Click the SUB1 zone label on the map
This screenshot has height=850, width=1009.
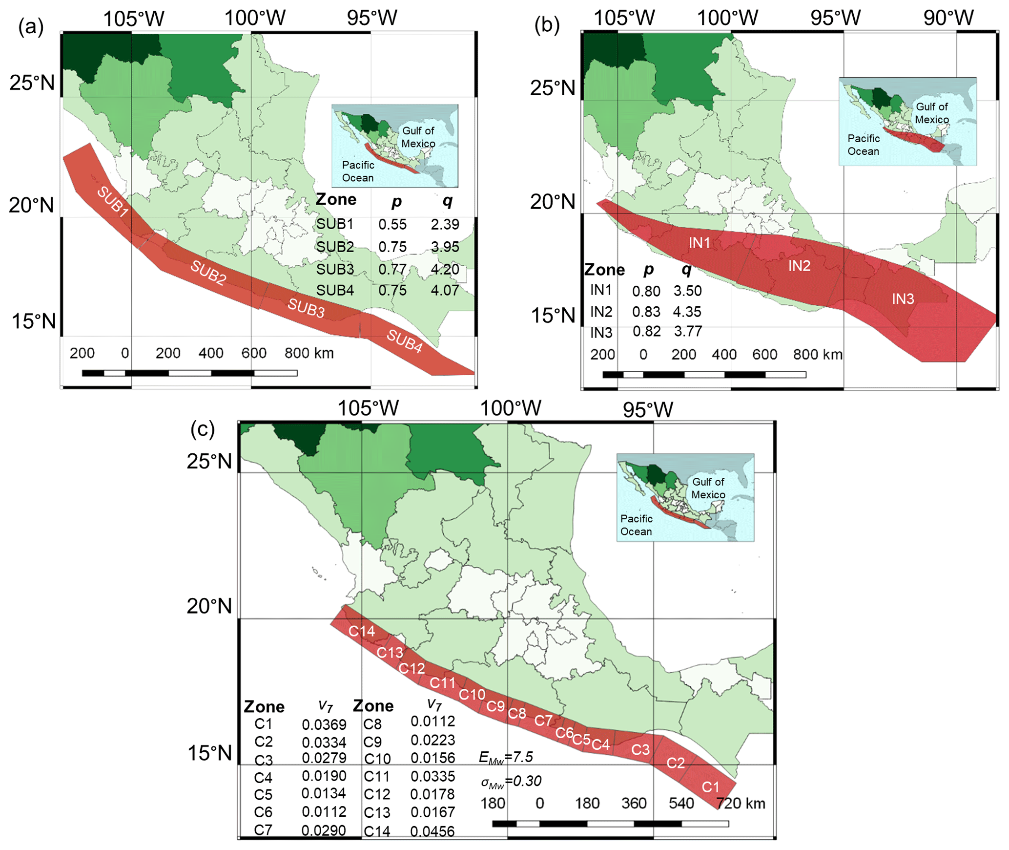(113, 201)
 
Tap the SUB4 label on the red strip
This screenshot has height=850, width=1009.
(404, 340)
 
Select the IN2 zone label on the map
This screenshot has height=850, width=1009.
(799, 266)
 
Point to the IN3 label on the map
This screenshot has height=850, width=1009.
(903, 299)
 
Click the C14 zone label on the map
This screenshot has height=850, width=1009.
(361, 631)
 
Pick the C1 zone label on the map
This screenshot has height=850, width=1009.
(710, 787)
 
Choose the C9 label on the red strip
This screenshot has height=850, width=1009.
(495, 706)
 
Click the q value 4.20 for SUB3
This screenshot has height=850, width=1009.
(445, 269)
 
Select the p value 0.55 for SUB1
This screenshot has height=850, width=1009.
(392, 224)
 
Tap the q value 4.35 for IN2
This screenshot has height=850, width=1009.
(687, 312)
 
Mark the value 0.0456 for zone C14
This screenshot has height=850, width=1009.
(432, 831)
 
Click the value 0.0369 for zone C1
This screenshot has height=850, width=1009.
(324, 724)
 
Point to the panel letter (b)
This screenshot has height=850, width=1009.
(547, 25)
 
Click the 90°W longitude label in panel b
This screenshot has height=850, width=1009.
(948, 18)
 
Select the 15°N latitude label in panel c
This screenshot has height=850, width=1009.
(210, 753)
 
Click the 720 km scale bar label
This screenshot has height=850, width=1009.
(741, 803)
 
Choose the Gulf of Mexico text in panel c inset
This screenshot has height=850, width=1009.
(708, 488)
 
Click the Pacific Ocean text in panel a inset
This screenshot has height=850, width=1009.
(358, 171)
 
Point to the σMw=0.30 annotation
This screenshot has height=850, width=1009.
(511, 781)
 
